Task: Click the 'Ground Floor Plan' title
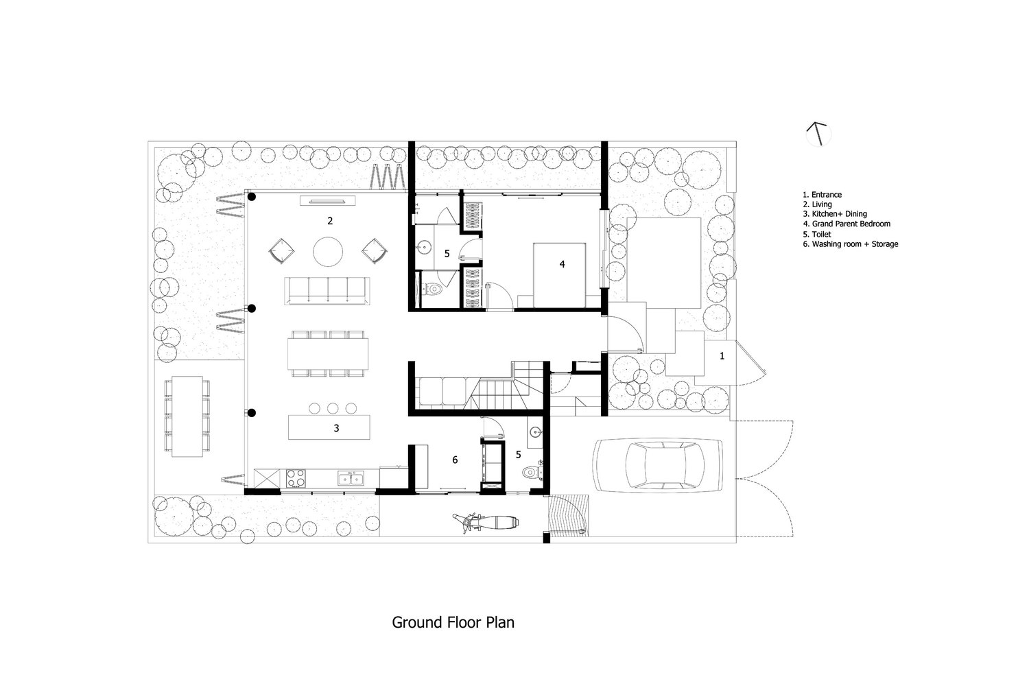point(453,623)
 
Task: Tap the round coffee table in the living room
point(328,251)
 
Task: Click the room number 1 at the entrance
point(722,356)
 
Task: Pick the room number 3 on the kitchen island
point(336,428)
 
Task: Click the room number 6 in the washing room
point(455,460)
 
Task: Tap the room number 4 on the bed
point(562,263)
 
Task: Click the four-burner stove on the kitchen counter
point(296,477)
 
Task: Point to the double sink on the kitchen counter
point(350,477)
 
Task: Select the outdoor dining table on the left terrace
point(186,415)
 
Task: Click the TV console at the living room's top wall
point(328,200)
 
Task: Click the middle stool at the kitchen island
point(333,407)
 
